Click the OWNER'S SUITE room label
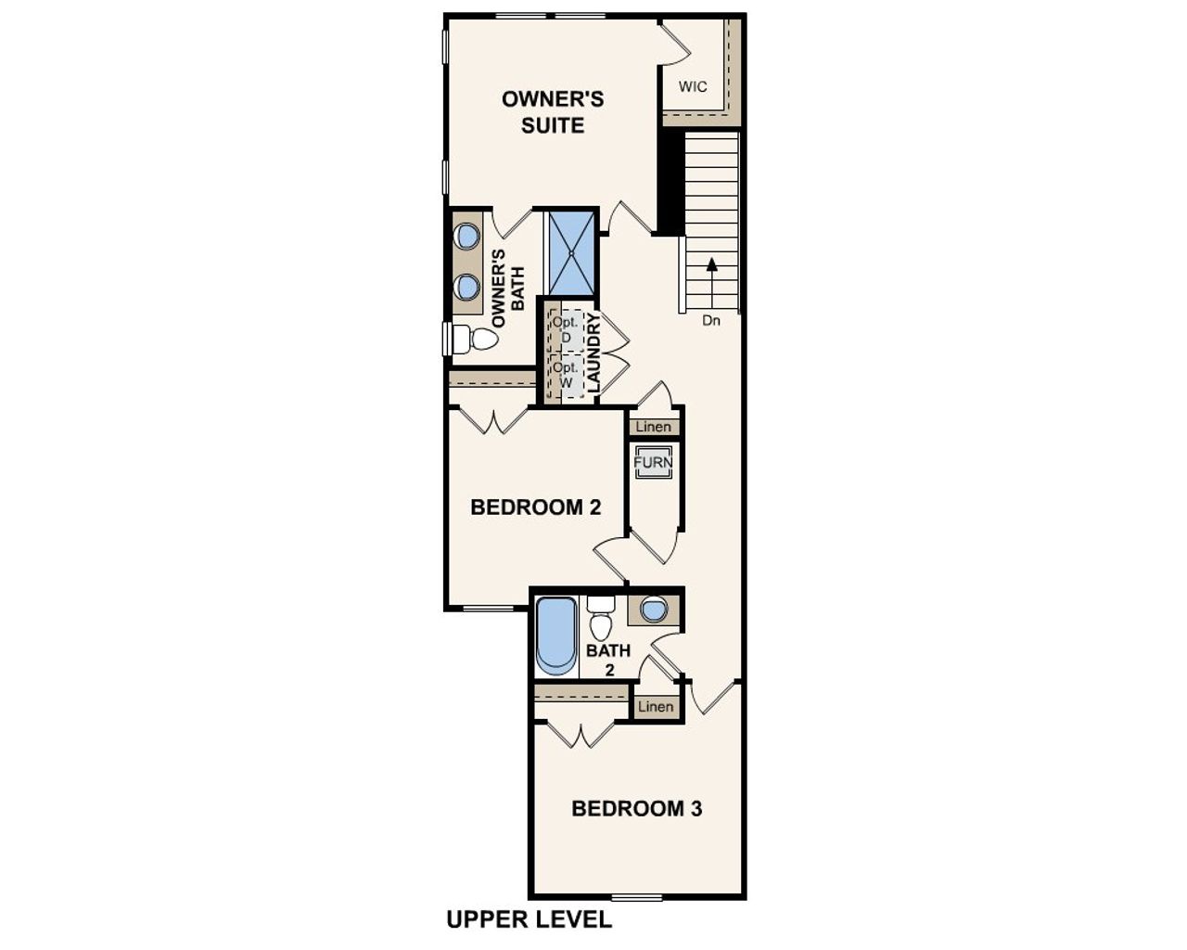click(553, 111)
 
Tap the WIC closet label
click(693, 87)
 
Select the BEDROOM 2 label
click(535, 507)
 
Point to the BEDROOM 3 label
click(636, 808)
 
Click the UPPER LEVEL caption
click(529, 919)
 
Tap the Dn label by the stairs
click(711, 321)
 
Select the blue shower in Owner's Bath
click(570, 252)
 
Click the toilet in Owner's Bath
click(479, 339)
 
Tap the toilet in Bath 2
click(601, 619)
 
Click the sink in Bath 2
click(654, 610)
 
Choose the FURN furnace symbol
click(653, 462)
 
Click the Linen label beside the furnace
click(653, 428)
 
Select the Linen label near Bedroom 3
click(656, 707)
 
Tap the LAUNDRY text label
click(594, 352)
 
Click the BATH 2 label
click(608, 659)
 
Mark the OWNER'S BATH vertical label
click(508, 288)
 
